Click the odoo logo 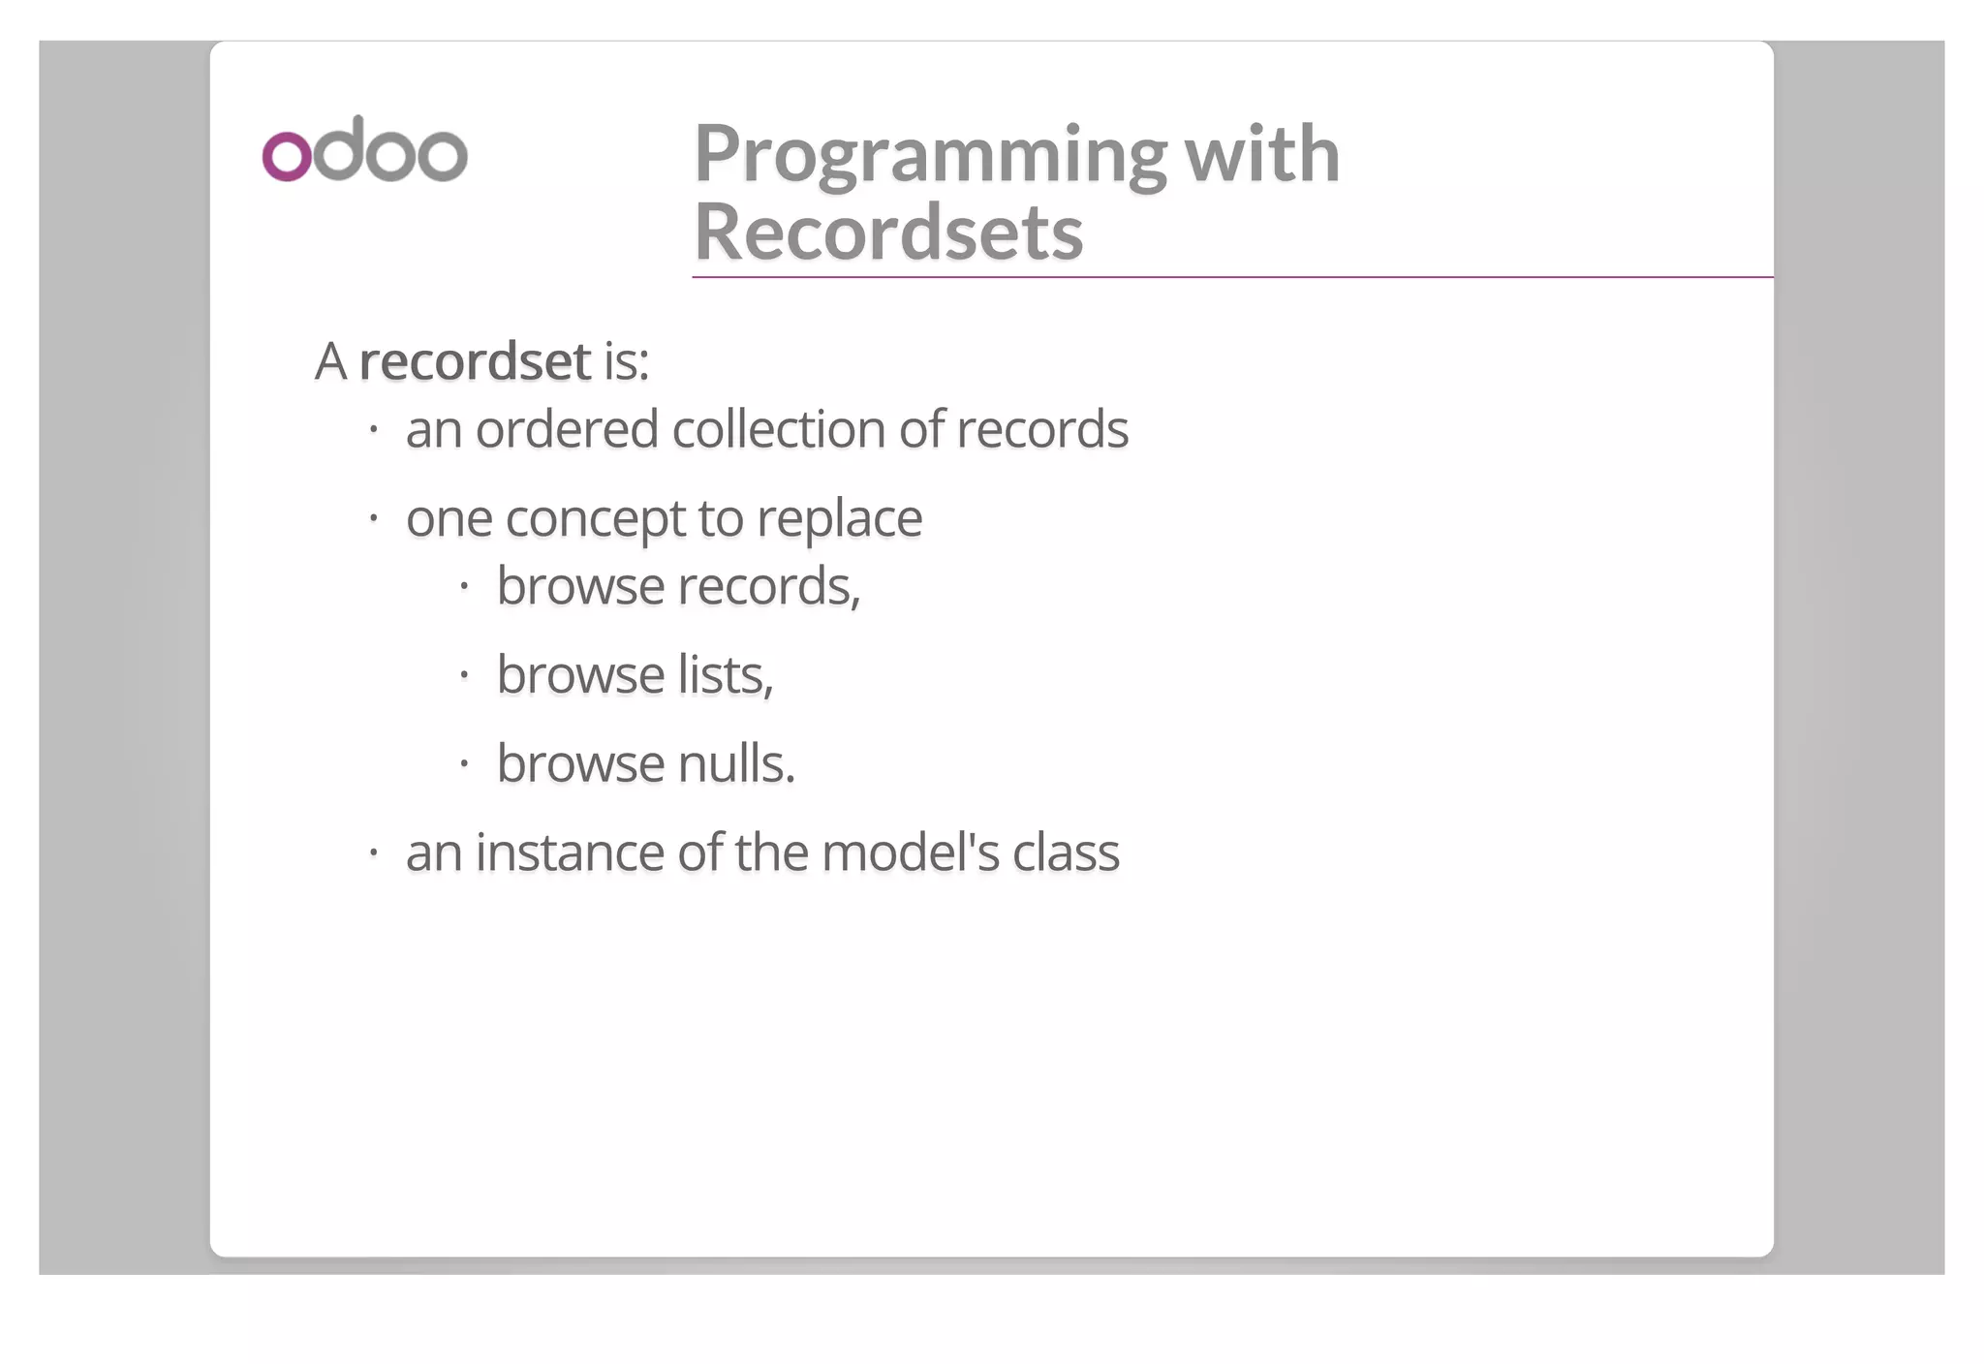[x=364, y=150]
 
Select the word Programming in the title [x=931, y=155]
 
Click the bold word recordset [x=475, y=361]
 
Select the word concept [x=595, y=519]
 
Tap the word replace [x=839, y=519]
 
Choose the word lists [x=725, y=675]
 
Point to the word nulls [x=736, y=764]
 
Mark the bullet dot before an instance [x=373, y=852]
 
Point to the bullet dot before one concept [x=373, y=518]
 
